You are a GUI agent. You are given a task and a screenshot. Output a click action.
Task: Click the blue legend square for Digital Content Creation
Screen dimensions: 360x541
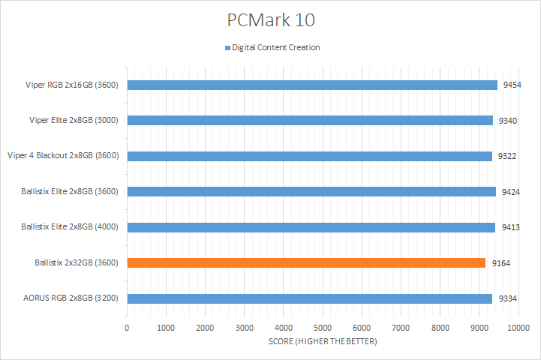[227, 48]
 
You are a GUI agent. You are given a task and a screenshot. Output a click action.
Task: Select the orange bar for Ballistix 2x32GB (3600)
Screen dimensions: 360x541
[306, 262]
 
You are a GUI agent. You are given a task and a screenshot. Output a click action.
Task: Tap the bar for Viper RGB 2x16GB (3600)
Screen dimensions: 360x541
[312, 85]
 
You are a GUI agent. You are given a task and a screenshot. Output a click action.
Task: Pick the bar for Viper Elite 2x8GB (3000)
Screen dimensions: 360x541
[310, 120]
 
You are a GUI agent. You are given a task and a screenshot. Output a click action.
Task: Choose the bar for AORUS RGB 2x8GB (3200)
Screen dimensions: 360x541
[309, 298]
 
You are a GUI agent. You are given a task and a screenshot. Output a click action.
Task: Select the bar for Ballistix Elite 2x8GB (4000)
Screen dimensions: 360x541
[311, 227]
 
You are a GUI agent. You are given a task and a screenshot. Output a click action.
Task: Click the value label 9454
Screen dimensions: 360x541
[512, 85]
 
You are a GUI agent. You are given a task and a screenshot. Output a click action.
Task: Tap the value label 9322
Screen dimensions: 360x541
[506, 156]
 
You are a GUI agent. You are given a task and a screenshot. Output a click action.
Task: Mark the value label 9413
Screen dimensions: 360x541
[509, 227]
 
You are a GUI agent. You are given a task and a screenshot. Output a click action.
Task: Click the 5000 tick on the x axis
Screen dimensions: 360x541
[323, 328]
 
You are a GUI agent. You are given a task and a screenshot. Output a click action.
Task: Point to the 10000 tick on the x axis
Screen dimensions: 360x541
[518, 328]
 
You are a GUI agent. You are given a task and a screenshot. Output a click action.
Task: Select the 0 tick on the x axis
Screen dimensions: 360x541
[128, 328]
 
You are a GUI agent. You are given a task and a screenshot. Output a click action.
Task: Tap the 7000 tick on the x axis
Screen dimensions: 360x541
[401, 328]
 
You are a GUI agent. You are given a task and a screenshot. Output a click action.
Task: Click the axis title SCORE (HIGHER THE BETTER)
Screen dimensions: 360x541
[323, 342]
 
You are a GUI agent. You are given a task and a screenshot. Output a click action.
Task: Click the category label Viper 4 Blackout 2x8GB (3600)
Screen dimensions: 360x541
[65, 156]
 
